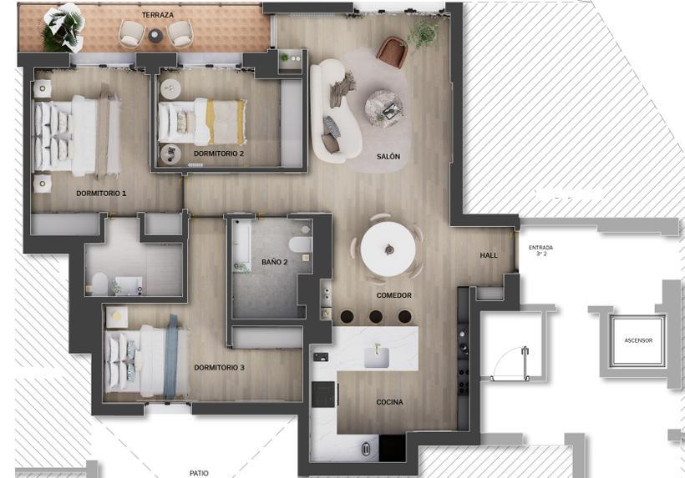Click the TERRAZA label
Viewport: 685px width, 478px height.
click(158, 15)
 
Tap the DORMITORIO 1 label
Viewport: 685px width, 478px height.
click(101, 194)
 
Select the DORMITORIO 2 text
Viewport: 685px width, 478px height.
click(219, 153)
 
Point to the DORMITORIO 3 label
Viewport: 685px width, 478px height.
click(220, 368)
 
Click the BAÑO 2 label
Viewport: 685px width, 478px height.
click(275, 262)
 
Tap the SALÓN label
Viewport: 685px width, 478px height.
click(388, 156)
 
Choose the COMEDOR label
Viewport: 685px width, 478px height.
click(394, 295)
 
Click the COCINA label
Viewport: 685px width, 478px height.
click(389, 402)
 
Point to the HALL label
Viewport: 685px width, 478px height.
click(489, 255)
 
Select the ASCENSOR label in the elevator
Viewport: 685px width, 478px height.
click(638, 340)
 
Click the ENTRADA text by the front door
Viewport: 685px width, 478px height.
click(540, 248)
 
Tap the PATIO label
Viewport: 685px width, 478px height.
click(199, 473)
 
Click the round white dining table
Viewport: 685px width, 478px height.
click(388, 249)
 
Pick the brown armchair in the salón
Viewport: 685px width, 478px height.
click(393, 52)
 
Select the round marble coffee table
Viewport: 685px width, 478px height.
click(384, 108)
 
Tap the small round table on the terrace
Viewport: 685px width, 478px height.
click(155, 35)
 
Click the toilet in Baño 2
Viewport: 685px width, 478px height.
click(300, 244)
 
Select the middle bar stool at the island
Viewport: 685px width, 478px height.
click(376, 317)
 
